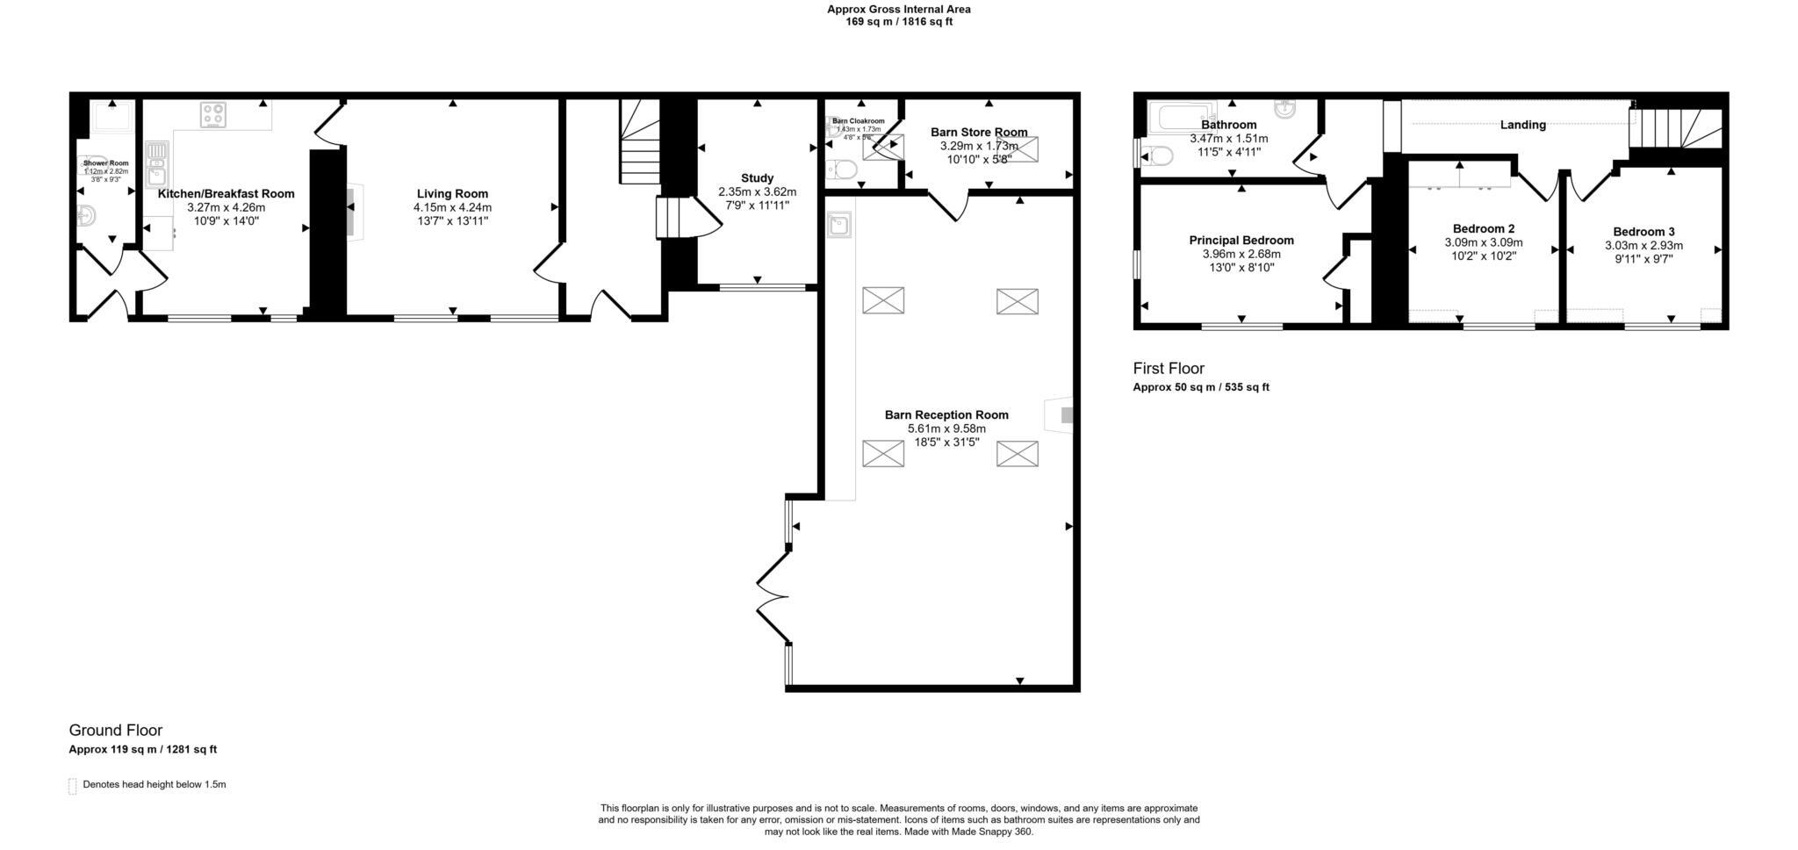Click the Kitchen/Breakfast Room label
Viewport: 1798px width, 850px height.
click(226, 194)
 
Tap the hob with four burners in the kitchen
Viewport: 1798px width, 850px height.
click(213, 114)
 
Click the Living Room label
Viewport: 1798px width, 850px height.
click(452, 194)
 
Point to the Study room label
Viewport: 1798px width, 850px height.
click(757, 178)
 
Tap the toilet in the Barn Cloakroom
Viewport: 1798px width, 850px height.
click(845, 169)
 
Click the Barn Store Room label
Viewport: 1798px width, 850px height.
click(979, 133)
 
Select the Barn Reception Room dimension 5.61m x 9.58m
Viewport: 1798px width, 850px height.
click(946, 429)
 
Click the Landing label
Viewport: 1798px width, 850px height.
click(1522, 126)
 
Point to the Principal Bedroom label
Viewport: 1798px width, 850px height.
click(1241, 241)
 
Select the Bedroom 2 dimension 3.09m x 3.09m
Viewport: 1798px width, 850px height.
click(1483, 242)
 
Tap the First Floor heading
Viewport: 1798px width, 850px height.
click(1168, 369)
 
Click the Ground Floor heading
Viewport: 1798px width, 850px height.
click(116, 731)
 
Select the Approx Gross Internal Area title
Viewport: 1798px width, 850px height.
click(898, 10)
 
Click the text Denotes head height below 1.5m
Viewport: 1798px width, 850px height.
click(154, 784)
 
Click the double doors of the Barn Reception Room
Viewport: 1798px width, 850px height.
click(773, 597)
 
